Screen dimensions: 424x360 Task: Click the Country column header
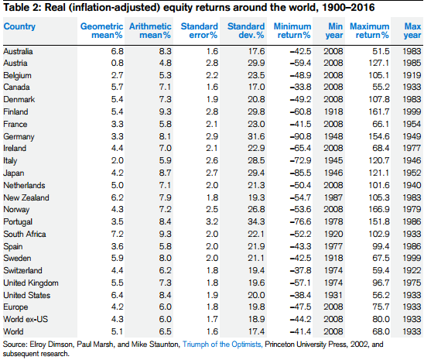(19, 26)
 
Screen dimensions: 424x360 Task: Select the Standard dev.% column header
(246, 30)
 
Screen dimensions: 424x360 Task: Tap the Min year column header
(334, 30)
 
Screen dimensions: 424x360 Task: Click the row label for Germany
(19, 136)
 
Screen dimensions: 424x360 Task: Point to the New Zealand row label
(26, 197)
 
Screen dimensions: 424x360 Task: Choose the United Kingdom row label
(31, 283)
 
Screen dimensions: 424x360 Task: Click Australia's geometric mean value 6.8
(117, 51)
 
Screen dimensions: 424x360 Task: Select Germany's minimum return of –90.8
(300, 136)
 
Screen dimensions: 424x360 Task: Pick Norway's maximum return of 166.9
(379, 209)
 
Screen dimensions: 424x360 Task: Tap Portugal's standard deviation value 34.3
(256, 221)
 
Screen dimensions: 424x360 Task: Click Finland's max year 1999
(412, 111)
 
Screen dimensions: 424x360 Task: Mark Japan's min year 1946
(333, 173)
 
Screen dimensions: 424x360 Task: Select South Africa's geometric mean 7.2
(117, 234)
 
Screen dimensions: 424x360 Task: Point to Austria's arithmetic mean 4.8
(166, 63)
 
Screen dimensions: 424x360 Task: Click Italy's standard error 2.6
(212, 161)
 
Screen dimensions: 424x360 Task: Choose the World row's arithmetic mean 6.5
(166, 331)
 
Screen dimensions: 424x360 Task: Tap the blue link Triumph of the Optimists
(222, 345)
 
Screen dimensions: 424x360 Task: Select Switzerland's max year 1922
(412, 270)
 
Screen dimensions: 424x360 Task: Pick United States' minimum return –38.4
(300, 295)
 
